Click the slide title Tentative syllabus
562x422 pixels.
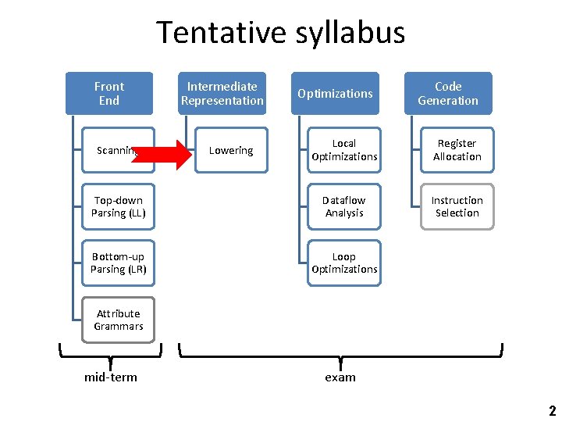281,33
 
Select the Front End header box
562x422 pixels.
108,93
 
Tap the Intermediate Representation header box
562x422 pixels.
222,93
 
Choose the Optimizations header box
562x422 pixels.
336,93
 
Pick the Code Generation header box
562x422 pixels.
448,93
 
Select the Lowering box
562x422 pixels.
231,150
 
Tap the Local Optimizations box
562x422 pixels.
344,150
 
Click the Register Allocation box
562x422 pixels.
457,150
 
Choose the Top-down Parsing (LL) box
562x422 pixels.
119,206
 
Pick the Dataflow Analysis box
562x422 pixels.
344,206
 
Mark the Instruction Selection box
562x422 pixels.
457,206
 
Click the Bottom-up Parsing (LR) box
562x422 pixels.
119,263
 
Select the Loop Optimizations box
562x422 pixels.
344,263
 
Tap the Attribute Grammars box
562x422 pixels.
119,320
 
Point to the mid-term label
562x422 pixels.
111,377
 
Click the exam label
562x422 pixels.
340,377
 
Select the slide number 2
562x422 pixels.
552,411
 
